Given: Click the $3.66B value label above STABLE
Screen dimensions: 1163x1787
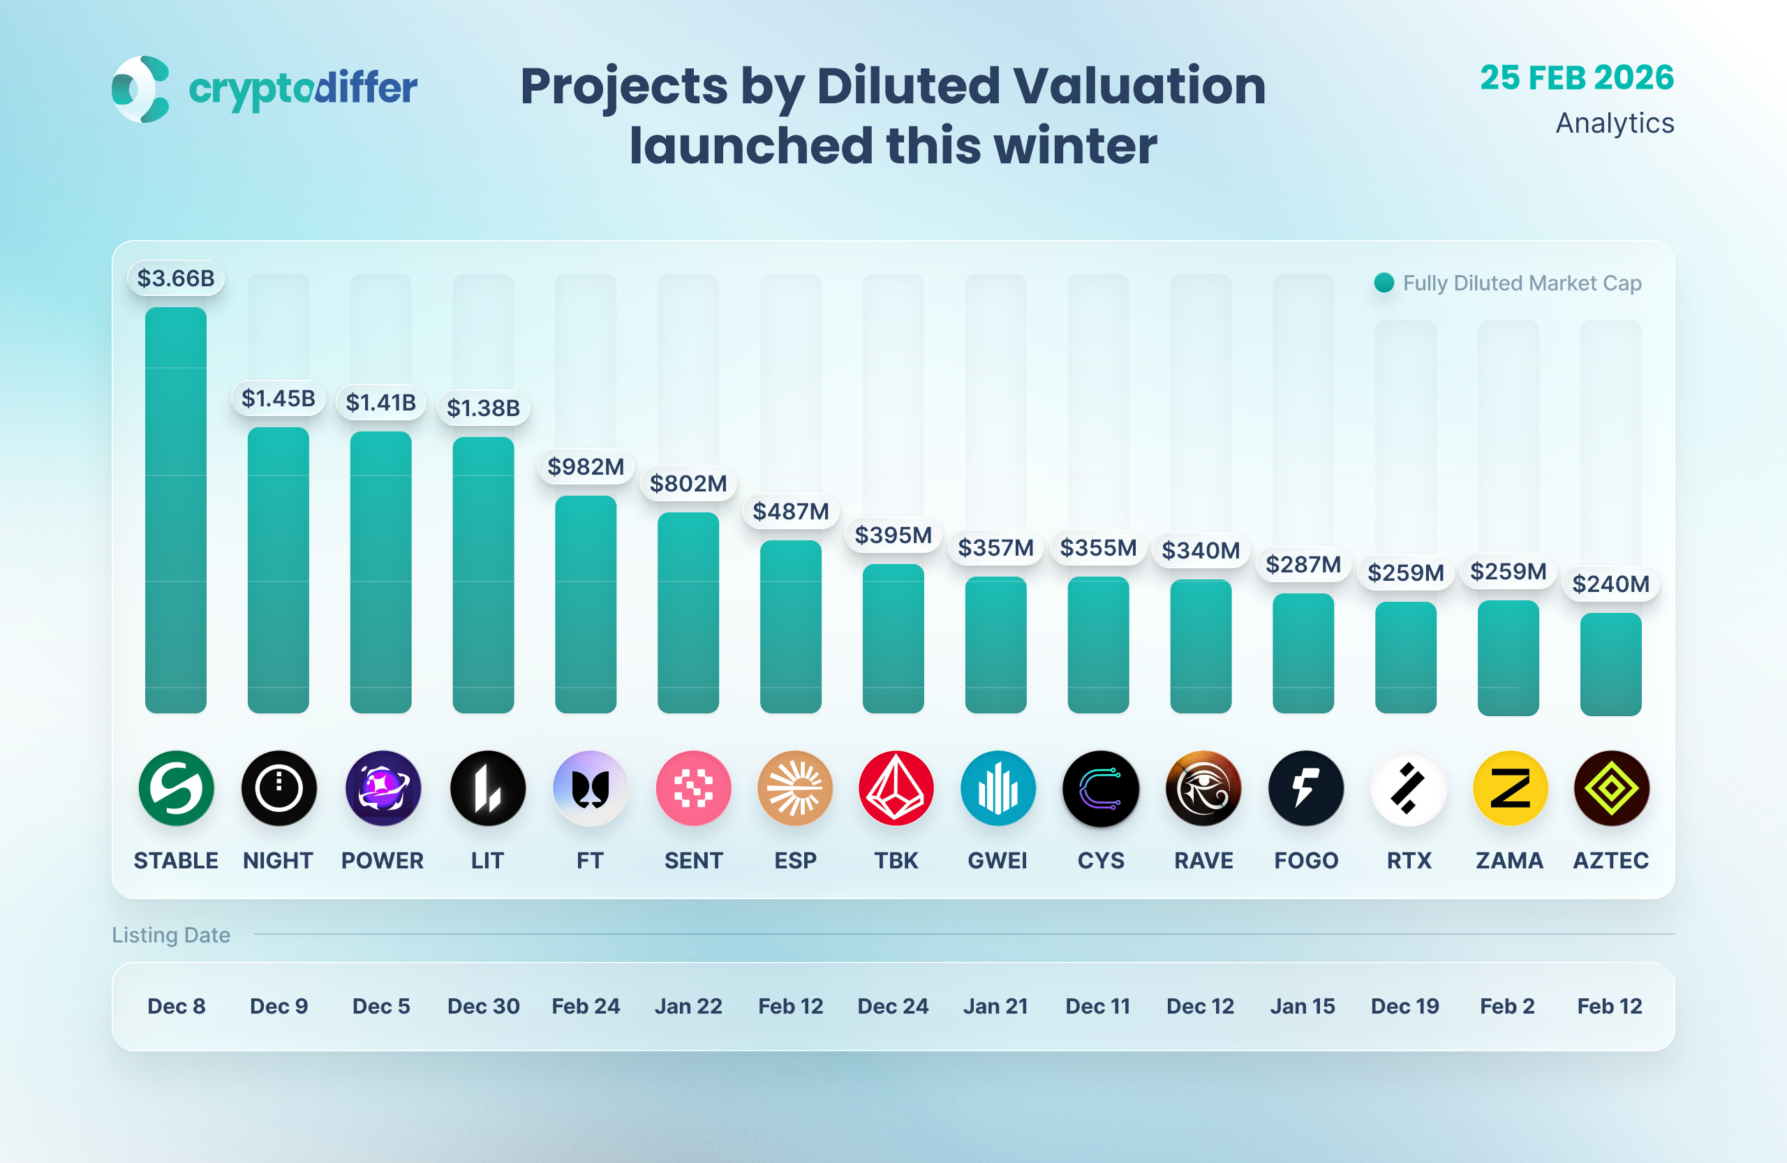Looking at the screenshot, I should click(176, 279).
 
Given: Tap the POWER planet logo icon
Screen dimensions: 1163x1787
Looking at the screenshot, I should click(383, 788).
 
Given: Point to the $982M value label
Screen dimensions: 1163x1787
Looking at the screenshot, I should click(586, 467).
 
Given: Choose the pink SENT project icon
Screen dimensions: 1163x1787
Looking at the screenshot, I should click(693, 788).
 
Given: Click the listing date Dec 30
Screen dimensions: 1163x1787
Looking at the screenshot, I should click(484, 1006).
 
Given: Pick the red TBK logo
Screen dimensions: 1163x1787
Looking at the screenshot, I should click(896, 788).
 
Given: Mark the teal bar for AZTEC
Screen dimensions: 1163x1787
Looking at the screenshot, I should click(1610, 664).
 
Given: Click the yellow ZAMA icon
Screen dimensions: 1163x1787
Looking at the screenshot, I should click(1510, 788).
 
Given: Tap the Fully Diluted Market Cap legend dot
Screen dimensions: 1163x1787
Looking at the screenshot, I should click(1384, 283).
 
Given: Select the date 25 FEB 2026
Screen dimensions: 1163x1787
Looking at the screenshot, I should click(1577, 78).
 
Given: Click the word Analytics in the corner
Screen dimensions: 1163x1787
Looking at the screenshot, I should click(1615, 123).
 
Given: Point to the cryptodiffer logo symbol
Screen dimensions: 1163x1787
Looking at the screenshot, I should click(140, 89).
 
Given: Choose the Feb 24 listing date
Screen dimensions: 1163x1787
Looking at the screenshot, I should click(586, 1006).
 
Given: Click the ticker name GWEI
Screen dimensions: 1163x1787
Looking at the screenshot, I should click(997, 861).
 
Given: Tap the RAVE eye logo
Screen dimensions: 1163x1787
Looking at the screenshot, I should click(1203, 788).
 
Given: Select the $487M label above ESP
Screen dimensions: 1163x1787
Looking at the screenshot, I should click(791, 511).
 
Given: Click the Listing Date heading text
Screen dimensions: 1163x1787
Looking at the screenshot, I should click(171, 935).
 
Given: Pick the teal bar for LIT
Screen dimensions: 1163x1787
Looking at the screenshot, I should click(484, 575).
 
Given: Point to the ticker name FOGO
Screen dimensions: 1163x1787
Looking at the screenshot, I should click(1306, 861).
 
